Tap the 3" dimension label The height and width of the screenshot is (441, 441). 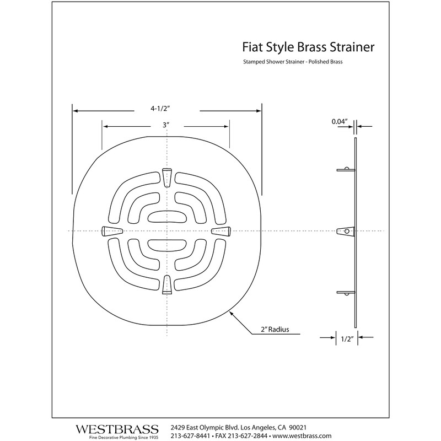(165, 126)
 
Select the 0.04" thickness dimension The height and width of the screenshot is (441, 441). (339, 121)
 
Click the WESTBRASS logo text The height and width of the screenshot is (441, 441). (117, 428)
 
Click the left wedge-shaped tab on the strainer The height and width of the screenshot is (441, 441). (112, 231)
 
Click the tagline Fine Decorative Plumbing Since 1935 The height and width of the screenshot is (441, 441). (117, 437)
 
